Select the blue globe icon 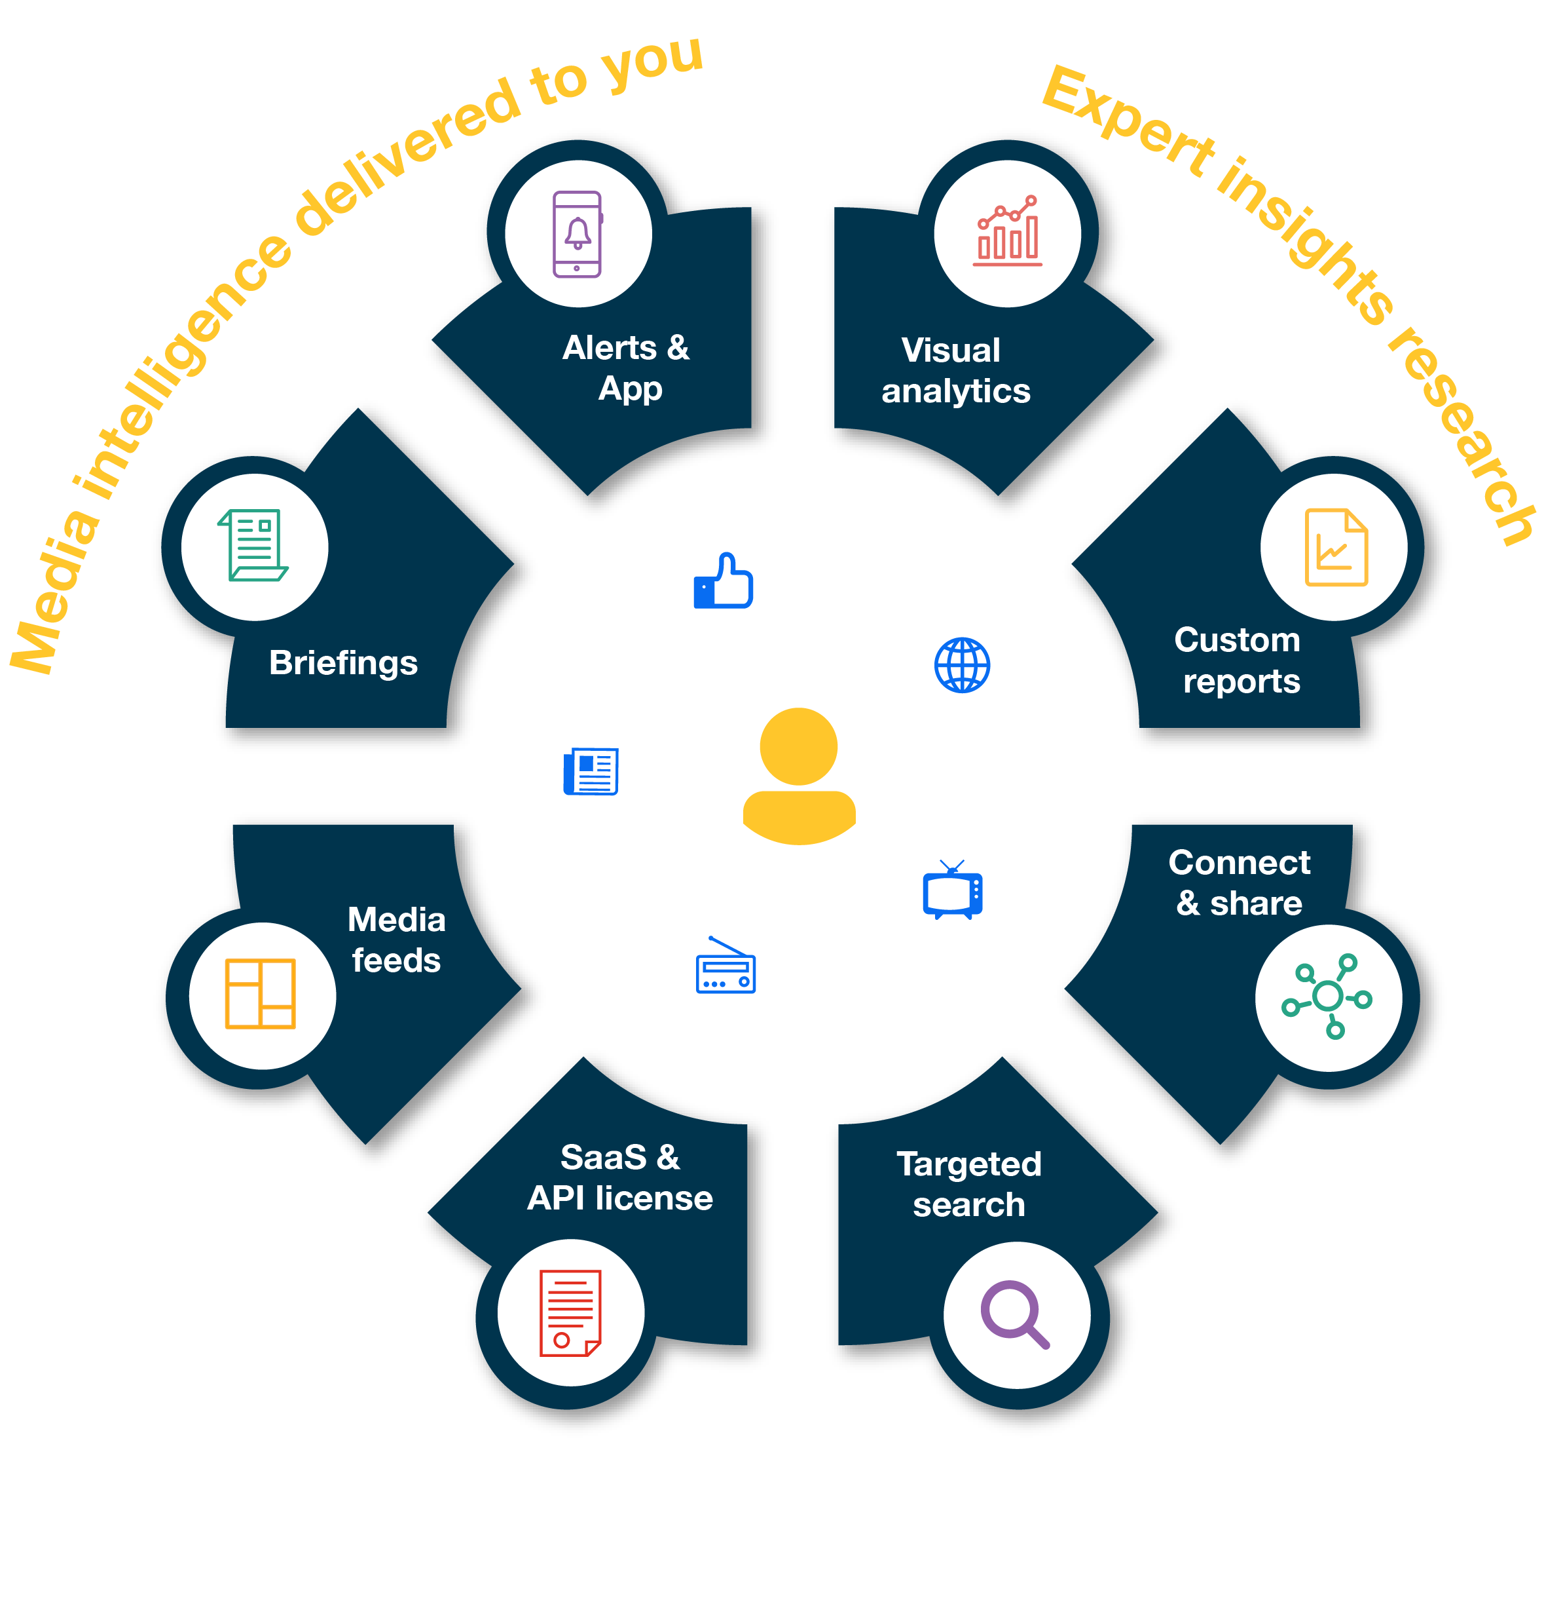[x=962, y=665]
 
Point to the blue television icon [x=953, y=891]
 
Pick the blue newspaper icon [x=591, y=772]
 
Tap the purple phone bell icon [x=577, y=235]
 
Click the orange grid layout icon [x=261, y=994]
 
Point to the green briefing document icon [x=253, y=546]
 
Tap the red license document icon [x=570, y=1314]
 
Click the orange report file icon [x=1335, y=548]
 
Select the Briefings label [x=344, y=663]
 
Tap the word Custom [x=1237, y=640]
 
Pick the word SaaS [x=604, y=1157]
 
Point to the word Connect [x=1240, y=862]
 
